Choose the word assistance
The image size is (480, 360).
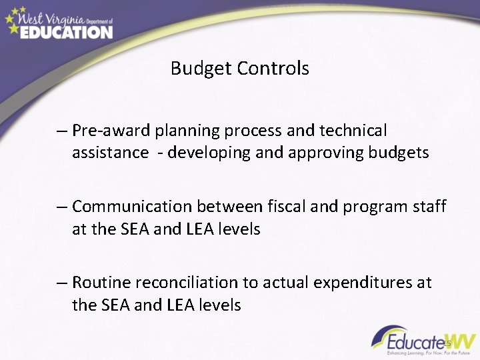pyautogui.click(x=111, y=153)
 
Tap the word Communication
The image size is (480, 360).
pyautogui.click(x=129, y=207)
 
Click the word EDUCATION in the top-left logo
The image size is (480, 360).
pyautogui.click(x=66, y=31)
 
